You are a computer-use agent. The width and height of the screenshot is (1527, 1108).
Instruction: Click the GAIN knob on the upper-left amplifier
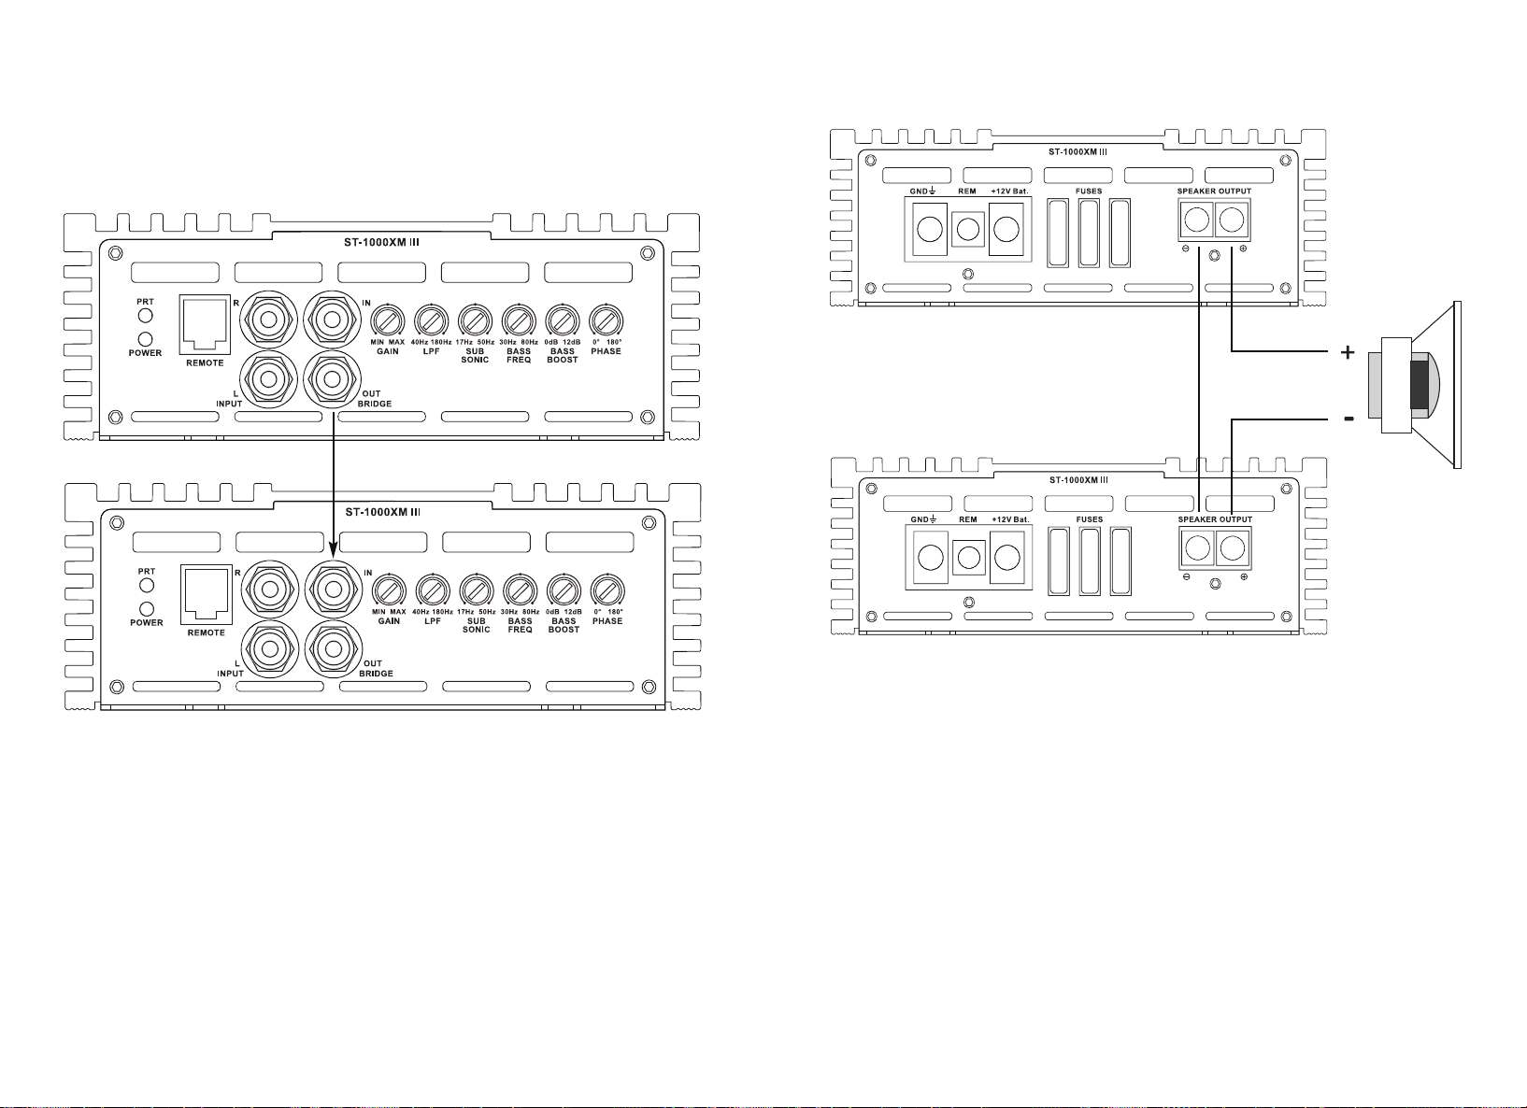pyautogui.click(x=387, y=320)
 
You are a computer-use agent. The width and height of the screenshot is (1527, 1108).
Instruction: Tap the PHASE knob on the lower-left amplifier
pyautogui.click(x=607, y=590)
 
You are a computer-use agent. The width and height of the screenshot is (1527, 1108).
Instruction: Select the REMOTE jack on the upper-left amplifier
pyautogui.click(x=205, y=324)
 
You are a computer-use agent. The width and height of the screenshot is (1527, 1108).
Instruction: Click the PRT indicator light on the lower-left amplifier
pyautogui.click(x=146, y=586)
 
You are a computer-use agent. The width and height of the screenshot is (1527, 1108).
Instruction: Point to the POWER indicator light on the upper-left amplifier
pyautogui.click(x=145, y=339)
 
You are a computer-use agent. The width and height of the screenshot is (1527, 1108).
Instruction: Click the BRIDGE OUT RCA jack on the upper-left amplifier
pyautogui.click(x=332, y=379)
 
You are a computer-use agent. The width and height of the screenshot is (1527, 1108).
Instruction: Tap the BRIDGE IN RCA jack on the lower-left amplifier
pyautogui.click(x=334, y=588)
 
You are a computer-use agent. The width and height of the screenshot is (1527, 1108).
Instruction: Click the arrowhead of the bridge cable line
pyautogui.click(x=334, y=548)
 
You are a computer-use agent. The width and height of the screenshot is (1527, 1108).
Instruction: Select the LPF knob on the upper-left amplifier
pyautogui.click(x=431, y=320)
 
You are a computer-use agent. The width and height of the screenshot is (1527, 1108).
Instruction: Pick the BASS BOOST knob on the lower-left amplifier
pyautogui.click(x=564, y=590)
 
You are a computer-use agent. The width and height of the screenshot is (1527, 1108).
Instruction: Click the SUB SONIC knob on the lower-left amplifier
pyautogui.click(x=477, y=590)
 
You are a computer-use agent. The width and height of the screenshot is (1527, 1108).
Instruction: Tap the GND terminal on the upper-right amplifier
pyautogui.click(x=929, y=229)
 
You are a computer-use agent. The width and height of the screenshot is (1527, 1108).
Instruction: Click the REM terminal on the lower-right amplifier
pyautogui.click(x=968, y=558)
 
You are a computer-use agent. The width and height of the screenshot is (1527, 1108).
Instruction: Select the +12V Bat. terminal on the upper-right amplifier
pyautogui.click(x=1006, y=229)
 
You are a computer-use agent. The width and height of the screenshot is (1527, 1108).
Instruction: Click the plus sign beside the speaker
pyautogui.click(x=1347, y=352)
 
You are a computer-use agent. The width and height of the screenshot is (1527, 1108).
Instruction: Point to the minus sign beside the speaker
pyautogui.click(x=1349, y=419)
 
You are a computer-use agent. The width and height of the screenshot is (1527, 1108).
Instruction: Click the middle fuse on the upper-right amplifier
pyautogui.click(x=1089, y=233)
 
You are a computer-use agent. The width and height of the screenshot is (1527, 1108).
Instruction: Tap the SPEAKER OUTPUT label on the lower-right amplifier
pyautogui.click(x=1215, y=519)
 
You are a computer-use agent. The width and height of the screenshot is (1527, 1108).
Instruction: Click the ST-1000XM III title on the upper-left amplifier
pyautogui.click(x=381, y=242)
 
